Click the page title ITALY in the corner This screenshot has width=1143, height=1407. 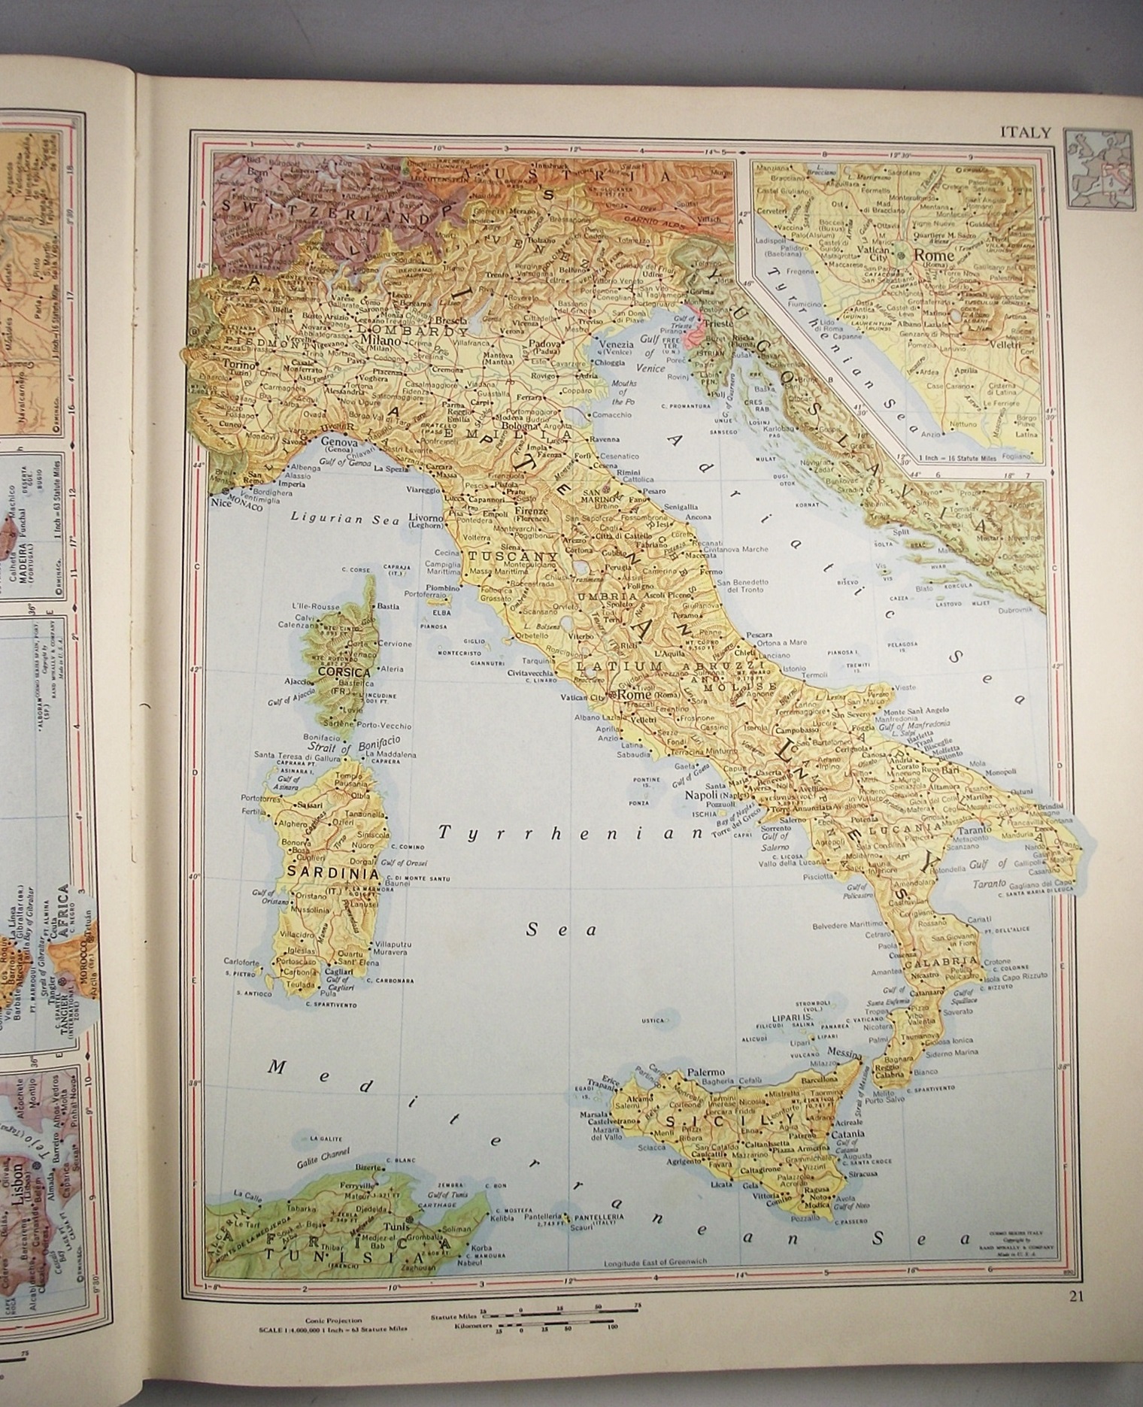[x=1024, y=133]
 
